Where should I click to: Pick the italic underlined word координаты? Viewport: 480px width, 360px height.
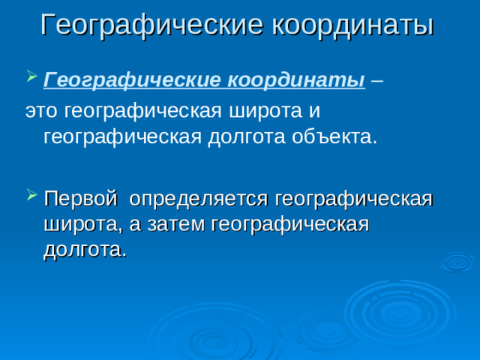point(295,80)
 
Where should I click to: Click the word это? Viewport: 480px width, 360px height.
point(42,111)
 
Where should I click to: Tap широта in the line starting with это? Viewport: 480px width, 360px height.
point(262,111)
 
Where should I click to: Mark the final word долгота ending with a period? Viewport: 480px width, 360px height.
point(84,250)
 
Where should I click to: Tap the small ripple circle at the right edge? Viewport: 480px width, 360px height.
point(457,262)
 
